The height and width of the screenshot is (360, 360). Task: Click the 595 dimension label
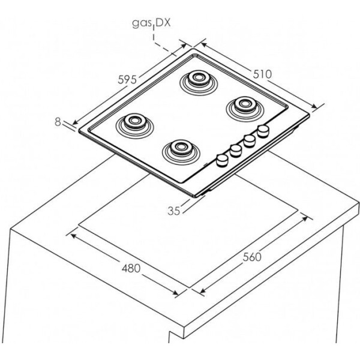127,79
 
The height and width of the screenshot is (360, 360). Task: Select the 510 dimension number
262,74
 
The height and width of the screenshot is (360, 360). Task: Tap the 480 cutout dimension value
131,268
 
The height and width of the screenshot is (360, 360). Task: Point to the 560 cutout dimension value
252,257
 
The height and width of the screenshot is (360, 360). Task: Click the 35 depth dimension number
174,211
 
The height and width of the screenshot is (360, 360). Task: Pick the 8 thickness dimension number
58,122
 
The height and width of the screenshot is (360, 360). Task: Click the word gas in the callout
141,23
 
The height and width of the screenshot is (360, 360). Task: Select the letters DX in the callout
163,23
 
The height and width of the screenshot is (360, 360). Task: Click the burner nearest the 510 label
245,109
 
